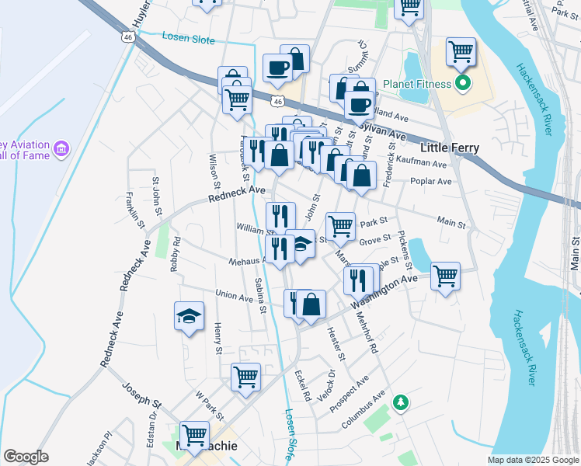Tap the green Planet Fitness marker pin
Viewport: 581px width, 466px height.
pyautogui.click(x=464, y=83)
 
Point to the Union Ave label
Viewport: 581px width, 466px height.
pyautogui.click(x=234, y=295)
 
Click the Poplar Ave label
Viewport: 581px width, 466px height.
pyautogui.click(x=433, y=182)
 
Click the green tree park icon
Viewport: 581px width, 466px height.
pyautogui.click(x=401, y=403)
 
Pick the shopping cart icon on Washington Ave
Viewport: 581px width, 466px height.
pyautogui.click(x=446, y=275)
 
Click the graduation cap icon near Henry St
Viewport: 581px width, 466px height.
pyautogui.click(x=188, y=316)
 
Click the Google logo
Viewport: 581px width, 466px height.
pyautogui.click(x=26, y=457)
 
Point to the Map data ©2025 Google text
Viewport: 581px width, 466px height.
pyautogui.click(x=533, y=460)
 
